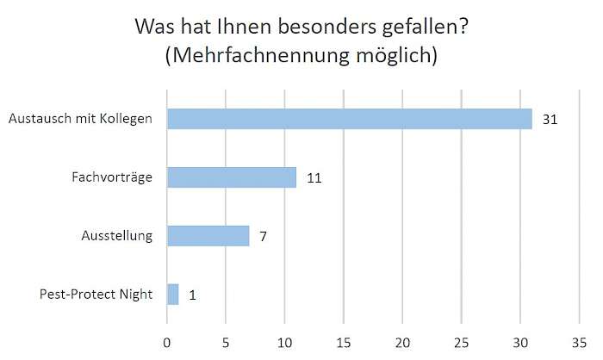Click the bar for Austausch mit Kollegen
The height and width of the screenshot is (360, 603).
pos(350,119)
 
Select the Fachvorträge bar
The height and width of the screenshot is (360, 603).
pos(232,177)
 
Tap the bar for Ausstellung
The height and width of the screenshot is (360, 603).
pos(208,235)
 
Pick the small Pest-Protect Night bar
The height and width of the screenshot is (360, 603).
pos(173,294)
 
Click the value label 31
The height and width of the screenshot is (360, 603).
pos(551,119)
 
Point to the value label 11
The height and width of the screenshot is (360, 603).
pos(314,177)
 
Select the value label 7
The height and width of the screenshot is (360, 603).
pos(264,235)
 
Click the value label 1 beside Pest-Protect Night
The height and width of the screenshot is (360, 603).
pos(192,294)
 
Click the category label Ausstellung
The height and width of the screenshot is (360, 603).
pos(116,235)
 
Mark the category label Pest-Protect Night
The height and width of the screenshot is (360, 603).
pos(96,294)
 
